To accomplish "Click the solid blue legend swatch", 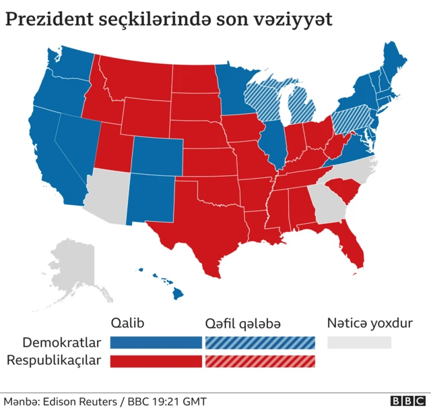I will click(x=156, y=343).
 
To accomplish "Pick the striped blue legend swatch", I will click(x=260, y=343).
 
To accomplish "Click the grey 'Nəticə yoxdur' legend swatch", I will click(x=359, y=343).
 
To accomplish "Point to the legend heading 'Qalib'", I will click(x=127, y=323).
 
